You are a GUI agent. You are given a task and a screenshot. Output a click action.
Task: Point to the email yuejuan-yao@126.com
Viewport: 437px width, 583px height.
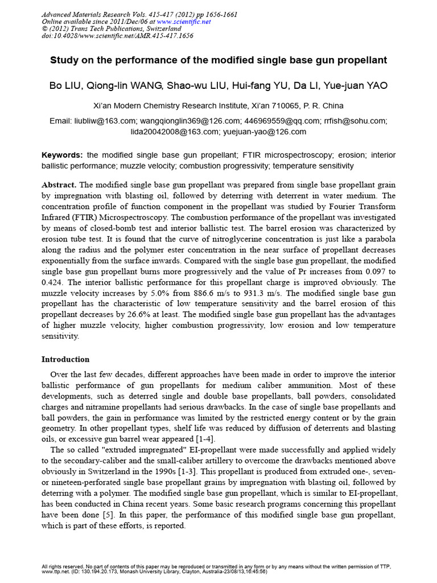pyautogui.click(x=265, y=132)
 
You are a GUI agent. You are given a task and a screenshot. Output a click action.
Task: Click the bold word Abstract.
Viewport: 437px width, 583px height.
pyautogui.click(x=59, y=185)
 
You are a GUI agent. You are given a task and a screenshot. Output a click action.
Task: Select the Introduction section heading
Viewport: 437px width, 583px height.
pyautogui.click(x=65, y=359)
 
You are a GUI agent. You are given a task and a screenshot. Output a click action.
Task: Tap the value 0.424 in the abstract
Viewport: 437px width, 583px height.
pyautogui.click(x=53, y=282)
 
